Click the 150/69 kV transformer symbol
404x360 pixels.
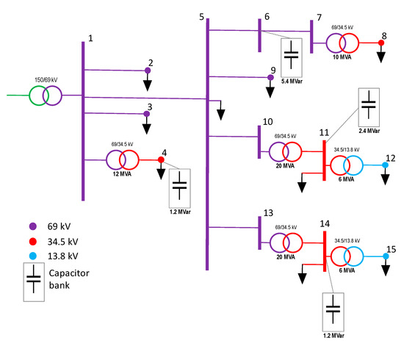(x=46, y=96)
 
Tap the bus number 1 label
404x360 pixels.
(x=90, y=37)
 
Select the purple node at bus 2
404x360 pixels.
(x=148, y=71)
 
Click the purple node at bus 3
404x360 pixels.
(x=148, y=114)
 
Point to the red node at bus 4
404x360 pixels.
(x=161, y=159)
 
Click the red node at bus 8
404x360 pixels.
(x=382, y=43)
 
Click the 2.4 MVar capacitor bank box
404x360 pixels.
(x=368, y=108)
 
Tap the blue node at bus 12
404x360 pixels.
(x=385, y=165)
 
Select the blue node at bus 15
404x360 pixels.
(x=385, y=256)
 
